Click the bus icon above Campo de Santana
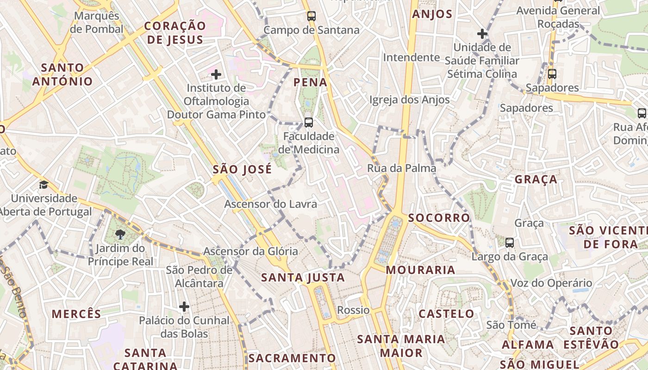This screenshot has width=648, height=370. pyautogui.click(x=312, y=16)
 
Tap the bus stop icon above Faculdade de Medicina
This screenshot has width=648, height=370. pyautogui.click(x=309, y=123)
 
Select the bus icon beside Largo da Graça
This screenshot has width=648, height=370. pyautogui.click(x=510, y=242)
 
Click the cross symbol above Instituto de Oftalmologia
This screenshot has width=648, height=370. pyautogui.click(x=216, y=74)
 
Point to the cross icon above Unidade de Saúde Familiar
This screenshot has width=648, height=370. pyautogui.click(x=482, y=33)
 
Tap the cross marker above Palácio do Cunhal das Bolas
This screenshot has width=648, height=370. pyautogui.click(x=184, y=306)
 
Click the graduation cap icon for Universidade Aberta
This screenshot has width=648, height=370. pyautogui.click(x=44, y=185)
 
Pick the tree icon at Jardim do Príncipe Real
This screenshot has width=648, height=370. pyautogui.click(x=120, y=234)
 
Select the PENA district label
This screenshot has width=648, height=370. pyautogui.click(x=311, y=83)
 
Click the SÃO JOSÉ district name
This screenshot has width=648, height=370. pyautogui.click(x=242, y=169)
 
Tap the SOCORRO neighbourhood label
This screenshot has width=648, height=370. pyautogui.click(x=439, y=217)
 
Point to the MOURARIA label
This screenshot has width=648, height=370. pyautogui.click(x=421, y=270)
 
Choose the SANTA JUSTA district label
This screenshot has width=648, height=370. pyautogui.click(x=303, y=277)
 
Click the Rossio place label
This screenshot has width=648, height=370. pyautogui.click(x=354, y=310)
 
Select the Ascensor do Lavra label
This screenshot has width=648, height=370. pyautogui.click(x=271, y=204)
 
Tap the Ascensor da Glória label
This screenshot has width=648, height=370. pyautogui.click(x=251, y=252)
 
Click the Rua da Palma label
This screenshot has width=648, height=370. pyautogui.click(x=402, y=168)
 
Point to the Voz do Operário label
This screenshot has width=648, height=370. pyautogui.click(x=551, y=283)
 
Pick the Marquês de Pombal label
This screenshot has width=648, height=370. pyautogui.click(x=99, y=22)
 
